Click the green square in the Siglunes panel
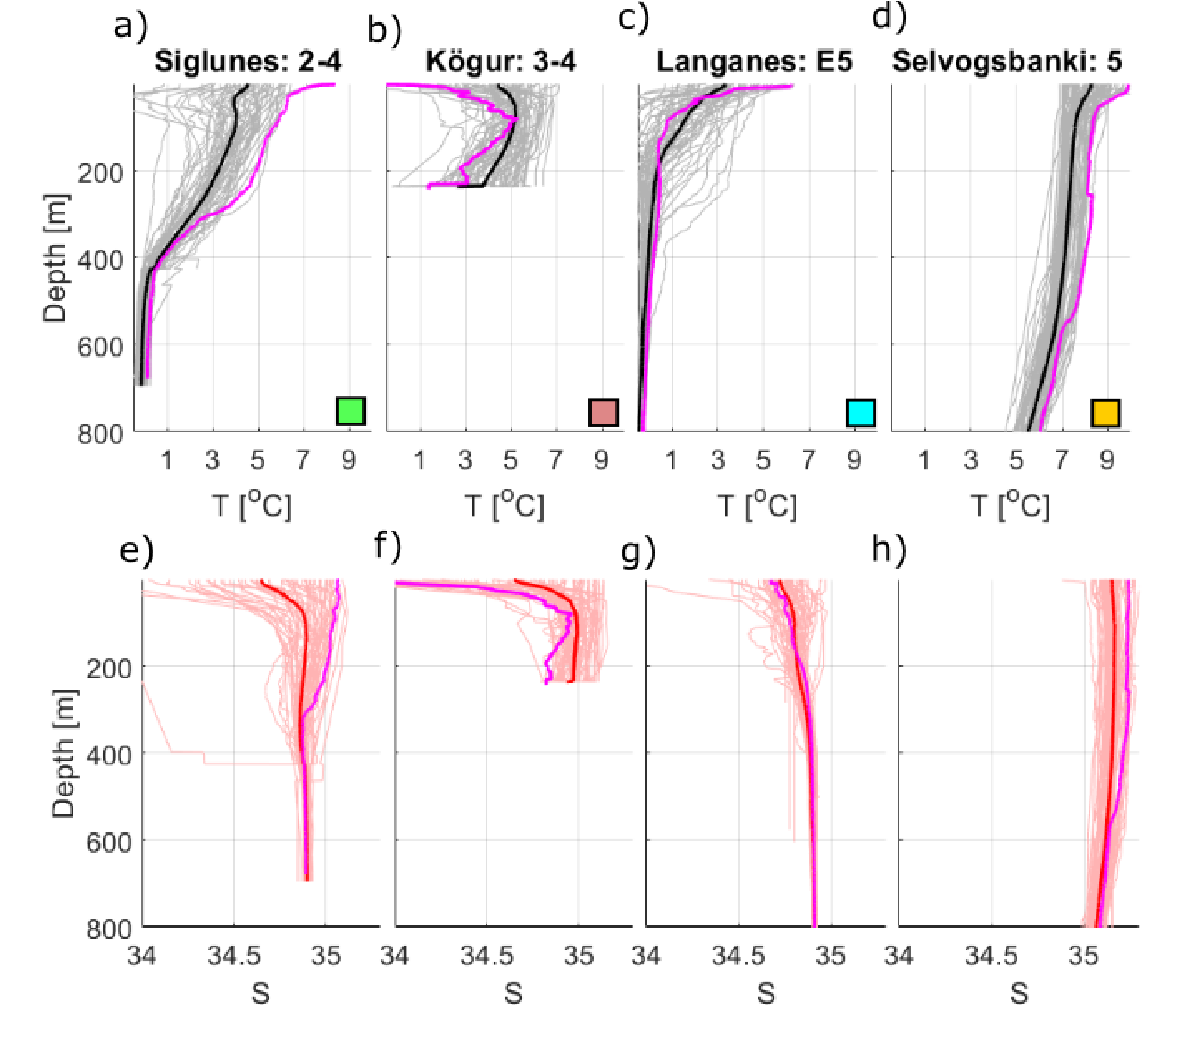tap(350, 411)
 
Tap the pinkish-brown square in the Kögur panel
tap(603, 412)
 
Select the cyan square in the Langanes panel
tap(861, 413)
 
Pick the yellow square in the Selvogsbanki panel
tap(1105, 413)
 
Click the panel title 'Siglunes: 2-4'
tap(248, 62)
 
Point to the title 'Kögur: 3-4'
tap(501, 61)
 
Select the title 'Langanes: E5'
tap(754, 61)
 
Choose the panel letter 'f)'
tap(388, 546)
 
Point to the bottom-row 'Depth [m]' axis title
tap(63, 754)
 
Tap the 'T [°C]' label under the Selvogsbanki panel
tap(1009, 505)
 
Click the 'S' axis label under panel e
tap(261, 994)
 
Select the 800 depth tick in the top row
tap(101, 434)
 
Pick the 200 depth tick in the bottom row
tap(109, 668)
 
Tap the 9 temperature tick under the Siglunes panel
tap(348, 460)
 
